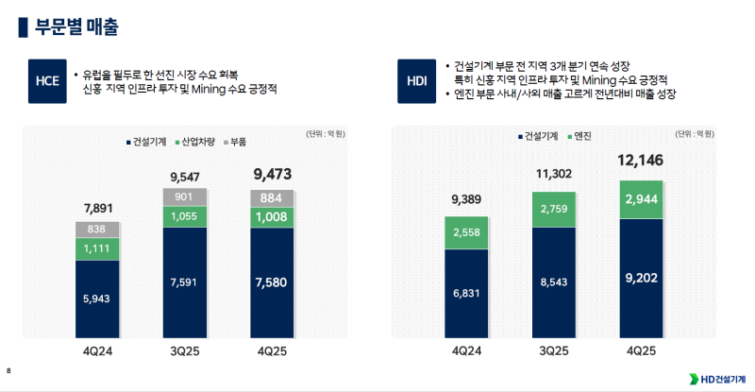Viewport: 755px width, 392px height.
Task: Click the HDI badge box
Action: tap(416, 81)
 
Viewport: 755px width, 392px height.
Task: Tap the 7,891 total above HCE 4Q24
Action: tap(97, 208)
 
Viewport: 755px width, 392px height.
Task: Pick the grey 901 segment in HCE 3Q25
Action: tap(185, 196)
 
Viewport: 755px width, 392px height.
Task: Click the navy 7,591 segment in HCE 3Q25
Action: tap(185, 282)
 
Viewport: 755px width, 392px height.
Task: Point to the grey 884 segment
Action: tap(273, 198)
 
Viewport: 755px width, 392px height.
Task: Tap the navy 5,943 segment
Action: tap(97, 299)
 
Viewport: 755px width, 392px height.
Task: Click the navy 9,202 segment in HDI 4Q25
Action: tap(642, 280)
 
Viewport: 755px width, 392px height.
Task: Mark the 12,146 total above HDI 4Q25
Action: tap(642, 161)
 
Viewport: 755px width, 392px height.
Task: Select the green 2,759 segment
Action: tap(554, 209)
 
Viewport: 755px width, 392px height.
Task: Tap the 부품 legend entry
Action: tap(237, 142)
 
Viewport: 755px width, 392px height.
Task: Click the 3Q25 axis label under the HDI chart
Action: tap(554, 350)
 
